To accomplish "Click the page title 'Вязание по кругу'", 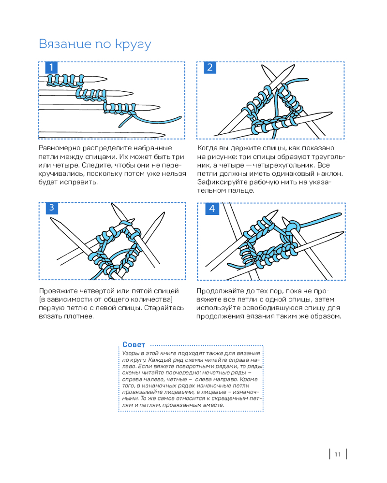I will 95,44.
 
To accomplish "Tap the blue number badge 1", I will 51,68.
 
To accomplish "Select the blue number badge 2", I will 209,68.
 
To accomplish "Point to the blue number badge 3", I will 51,208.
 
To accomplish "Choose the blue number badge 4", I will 212,209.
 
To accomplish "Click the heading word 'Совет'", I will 134,345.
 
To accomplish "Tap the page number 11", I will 338,454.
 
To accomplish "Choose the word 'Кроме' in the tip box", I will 248,379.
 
